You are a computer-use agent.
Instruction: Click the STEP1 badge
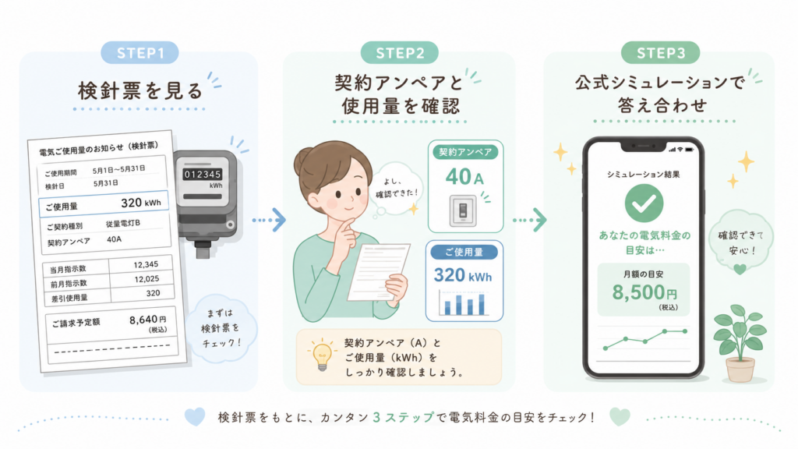(140, 53)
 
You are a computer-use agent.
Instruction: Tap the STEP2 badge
(400, 53)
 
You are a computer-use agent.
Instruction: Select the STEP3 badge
(661, 53)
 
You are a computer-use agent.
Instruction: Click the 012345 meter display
(203, 175)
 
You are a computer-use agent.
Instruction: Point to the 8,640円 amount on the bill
(147, 320)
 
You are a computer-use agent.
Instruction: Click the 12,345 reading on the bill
(146, 265)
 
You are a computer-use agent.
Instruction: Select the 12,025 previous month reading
(147, 279)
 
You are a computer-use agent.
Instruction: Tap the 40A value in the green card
(464, 177)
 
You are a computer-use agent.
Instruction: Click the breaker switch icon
(463, 210)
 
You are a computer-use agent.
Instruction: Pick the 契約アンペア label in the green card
(465, 152)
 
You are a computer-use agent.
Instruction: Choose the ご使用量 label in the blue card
(464, 252)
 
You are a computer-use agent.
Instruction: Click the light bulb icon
(322, 355)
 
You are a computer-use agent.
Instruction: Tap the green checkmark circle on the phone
(644, 203)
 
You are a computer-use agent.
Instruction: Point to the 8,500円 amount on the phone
(644, 292)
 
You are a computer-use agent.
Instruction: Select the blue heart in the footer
(195, 416)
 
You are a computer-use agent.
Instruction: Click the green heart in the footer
(620, 416)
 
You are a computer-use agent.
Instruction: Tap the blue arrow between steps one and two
(269, 220)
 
